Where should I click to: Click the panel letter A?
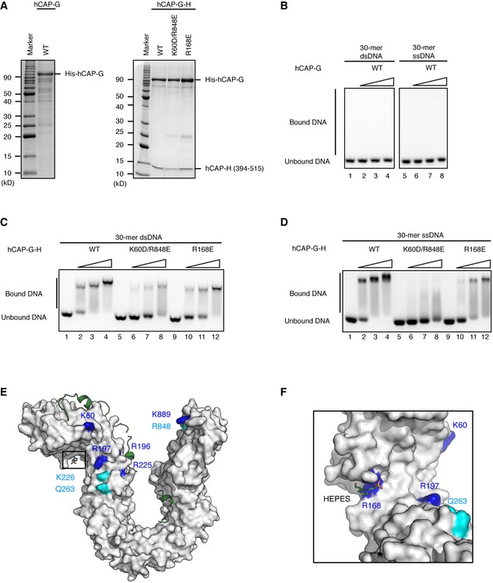click(7, 7)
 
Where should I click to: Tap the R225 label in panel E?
click(142, 465)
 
